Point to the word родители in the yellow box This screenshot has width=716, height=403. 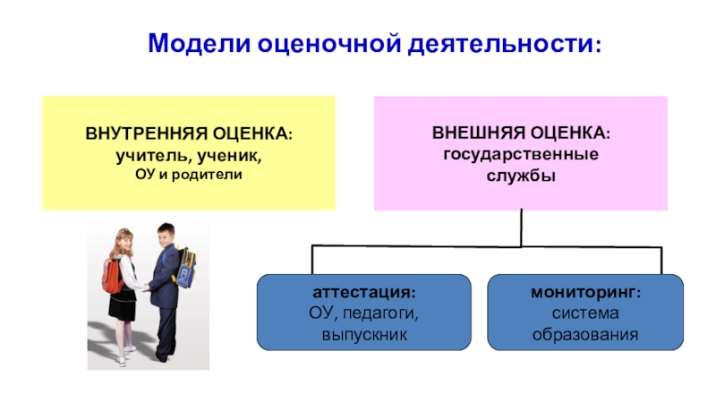215,172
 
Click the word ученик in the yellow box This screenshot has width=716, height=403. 231,154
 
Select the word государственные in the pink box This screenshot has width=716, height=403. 520,154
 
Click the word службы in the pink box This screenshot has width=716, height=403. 520,173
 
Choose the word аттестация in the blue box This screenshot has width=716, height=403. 363,294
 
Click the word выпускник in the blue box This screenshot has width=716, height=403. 364,335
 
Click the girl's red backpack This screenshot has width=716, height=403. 113,277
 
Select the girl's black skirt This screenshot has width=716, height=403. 123,304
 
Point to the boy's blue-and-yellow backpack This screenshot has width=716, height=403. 186,268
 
